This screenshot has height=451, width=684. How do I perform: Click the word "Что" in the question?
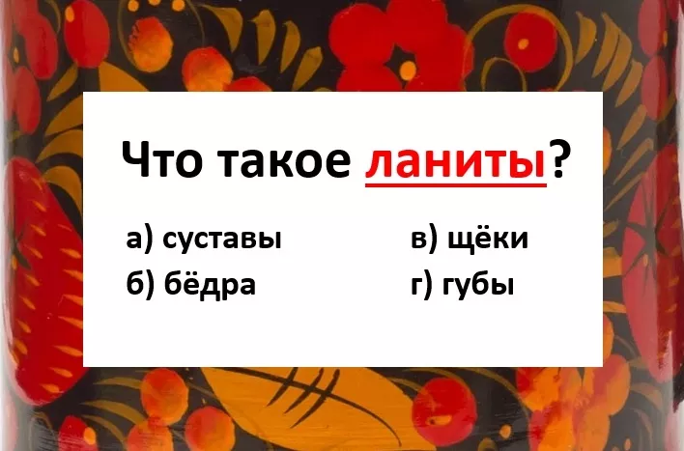click(x=162, y=158)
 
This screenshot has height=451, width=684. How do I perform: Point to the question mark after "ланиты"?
click(x=559, y=158)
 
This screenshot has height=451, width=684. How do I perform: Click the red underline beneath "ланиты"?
click(x=455, y=184)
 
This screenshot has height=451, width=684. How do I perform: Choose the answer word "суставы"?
click(x=222, y=240)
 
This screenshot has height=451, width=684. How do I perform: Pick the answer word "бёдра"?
click(x=210, y=284)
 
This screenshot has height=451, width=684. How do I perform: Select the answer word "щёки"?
click(x=488, y=238)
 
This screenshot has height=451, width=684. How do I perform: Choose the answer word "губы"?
click(x=478, y=286)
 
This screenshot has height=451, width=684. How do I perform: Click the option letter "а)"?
click(x=139, y=240)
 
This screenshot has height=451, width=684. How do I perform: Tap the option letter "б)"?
click(x=140, y=284)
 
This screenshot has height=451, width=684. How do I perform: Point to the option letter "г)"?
click(x=422, y=285)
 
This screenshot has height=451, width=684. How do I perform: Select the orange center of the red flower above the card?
click(x=408, y=68)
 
